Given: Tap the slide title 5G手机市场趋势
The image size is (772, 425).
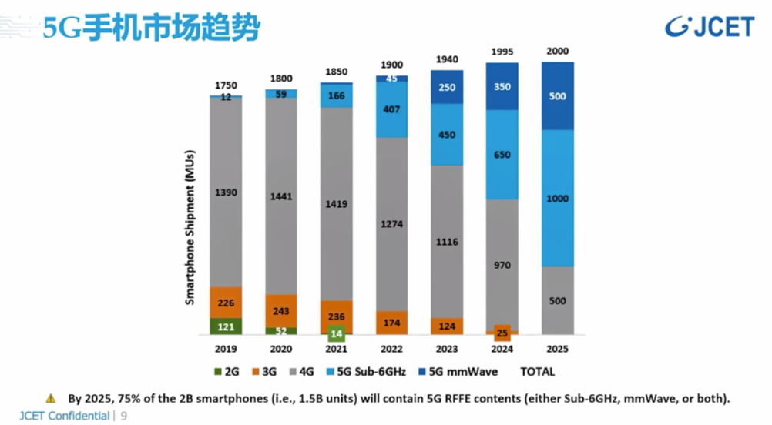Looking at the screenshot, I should tap(151, 28).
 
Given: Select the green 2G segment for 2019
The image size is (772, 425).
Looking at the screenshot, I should tap(225, 326).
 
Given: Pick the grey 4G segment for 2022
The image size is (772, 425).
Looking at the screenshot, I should tap(391, 223).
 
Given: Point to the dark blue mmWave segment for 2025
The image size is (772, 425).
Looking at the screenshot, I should tap(558, 96).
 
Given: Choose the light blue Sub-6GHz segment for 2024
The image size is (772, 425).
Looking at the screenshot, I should tap(502, 155).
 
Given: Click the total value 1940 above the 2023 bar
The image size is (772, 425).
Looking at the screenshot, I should tap(448, 59).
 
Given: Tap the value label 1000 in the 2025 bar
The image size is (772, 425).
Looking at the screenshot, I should tap(557, 199).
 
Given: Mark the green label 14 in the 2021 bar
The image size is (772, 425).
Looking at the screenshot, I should tap(335, 333).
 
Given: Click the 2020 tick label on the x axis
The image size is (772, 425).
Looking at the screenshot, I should tap(281, 349).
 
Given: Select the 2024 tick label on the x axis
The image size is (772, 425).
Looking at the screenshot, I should tap(502, 349).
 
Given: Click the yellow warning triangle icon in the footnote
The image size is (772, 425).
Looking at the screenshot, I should tap(51, 398).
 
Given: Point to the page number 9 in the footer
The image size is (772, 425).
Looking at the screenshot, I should tap(124, 417).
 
